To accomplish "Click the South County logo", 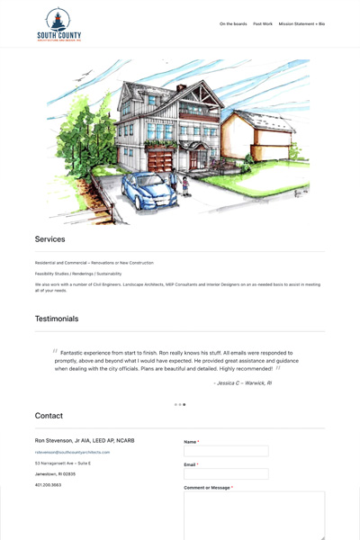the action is [x=58, y=25].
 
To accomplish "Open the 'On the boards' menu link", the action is [x=233, y=24].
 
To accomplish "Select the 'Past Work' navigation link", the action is [x=263, y=24].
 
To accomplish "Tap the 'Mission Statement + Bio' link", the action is [x=301, y=24].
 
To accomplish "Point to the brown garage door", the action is [x=159, y=162].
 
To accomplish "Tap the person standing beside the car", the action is [x=186, y=184].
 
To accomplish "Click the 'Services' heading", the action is [x=50, y=239].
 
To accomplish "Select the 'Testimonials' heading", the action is [x=57, y=319].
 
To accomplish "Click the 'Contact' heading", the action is [x=49, y=416].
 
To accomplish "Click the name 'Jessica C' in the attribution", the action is [x=228, y=383].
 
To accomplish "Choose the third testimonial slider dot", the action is [x=184, y=405].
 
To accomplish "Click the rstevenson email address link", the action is [x=72, y=452].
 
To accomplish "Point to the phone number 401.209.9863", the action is [x=49, y=485].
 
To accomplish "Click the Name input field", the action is [x=226, y=451].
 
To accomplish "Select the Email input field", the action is [x=226, y=473].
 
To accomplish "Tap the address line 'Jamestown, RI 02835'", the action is [x=55, y=474].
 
